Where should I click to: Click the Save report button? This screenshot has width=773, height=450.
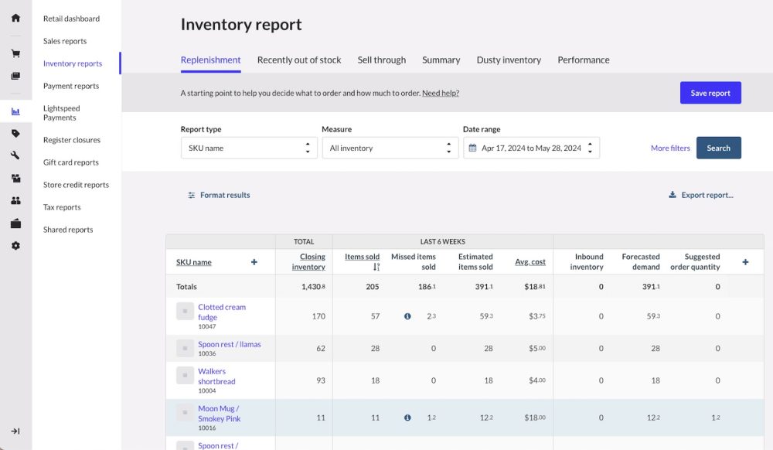tap(710, 93)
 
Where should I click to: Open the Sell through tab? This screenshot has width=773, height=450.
tap(381, 60)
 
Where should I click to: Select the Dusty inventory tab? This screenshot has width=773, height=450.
tap(509, 60)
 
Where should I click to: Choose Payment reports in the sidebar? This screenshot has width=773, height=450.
tap(71, 86)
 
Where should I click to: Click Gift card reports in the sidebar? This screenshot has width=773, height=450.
tap(71, 162)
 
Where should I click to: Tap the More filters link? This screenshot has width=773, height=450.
tap(670, 148)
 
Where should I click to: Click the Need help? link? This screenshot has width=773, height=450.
tap(441, 94)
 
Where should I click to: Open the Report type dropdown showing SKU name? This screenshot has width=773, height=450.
tap(249, 148)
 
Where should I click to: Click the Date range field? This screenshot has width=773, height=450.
tap(531, 148)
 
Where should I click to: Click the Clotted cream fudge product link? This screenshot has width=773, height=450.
tap(221, 312)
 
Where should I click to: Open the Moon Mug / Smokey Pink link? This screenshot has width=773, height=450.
tap(219, 414)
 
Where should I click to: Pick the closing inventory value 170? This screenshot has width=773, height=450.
tap(318, 316)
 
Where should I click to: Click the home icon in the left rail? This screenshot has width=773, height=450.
tap(15, 18)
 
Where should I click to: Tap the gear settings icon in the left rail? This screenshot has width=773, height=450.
tap(15, 246)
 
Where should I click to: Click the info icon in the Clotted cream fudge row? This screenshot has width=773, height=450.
tap(407, 316)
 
